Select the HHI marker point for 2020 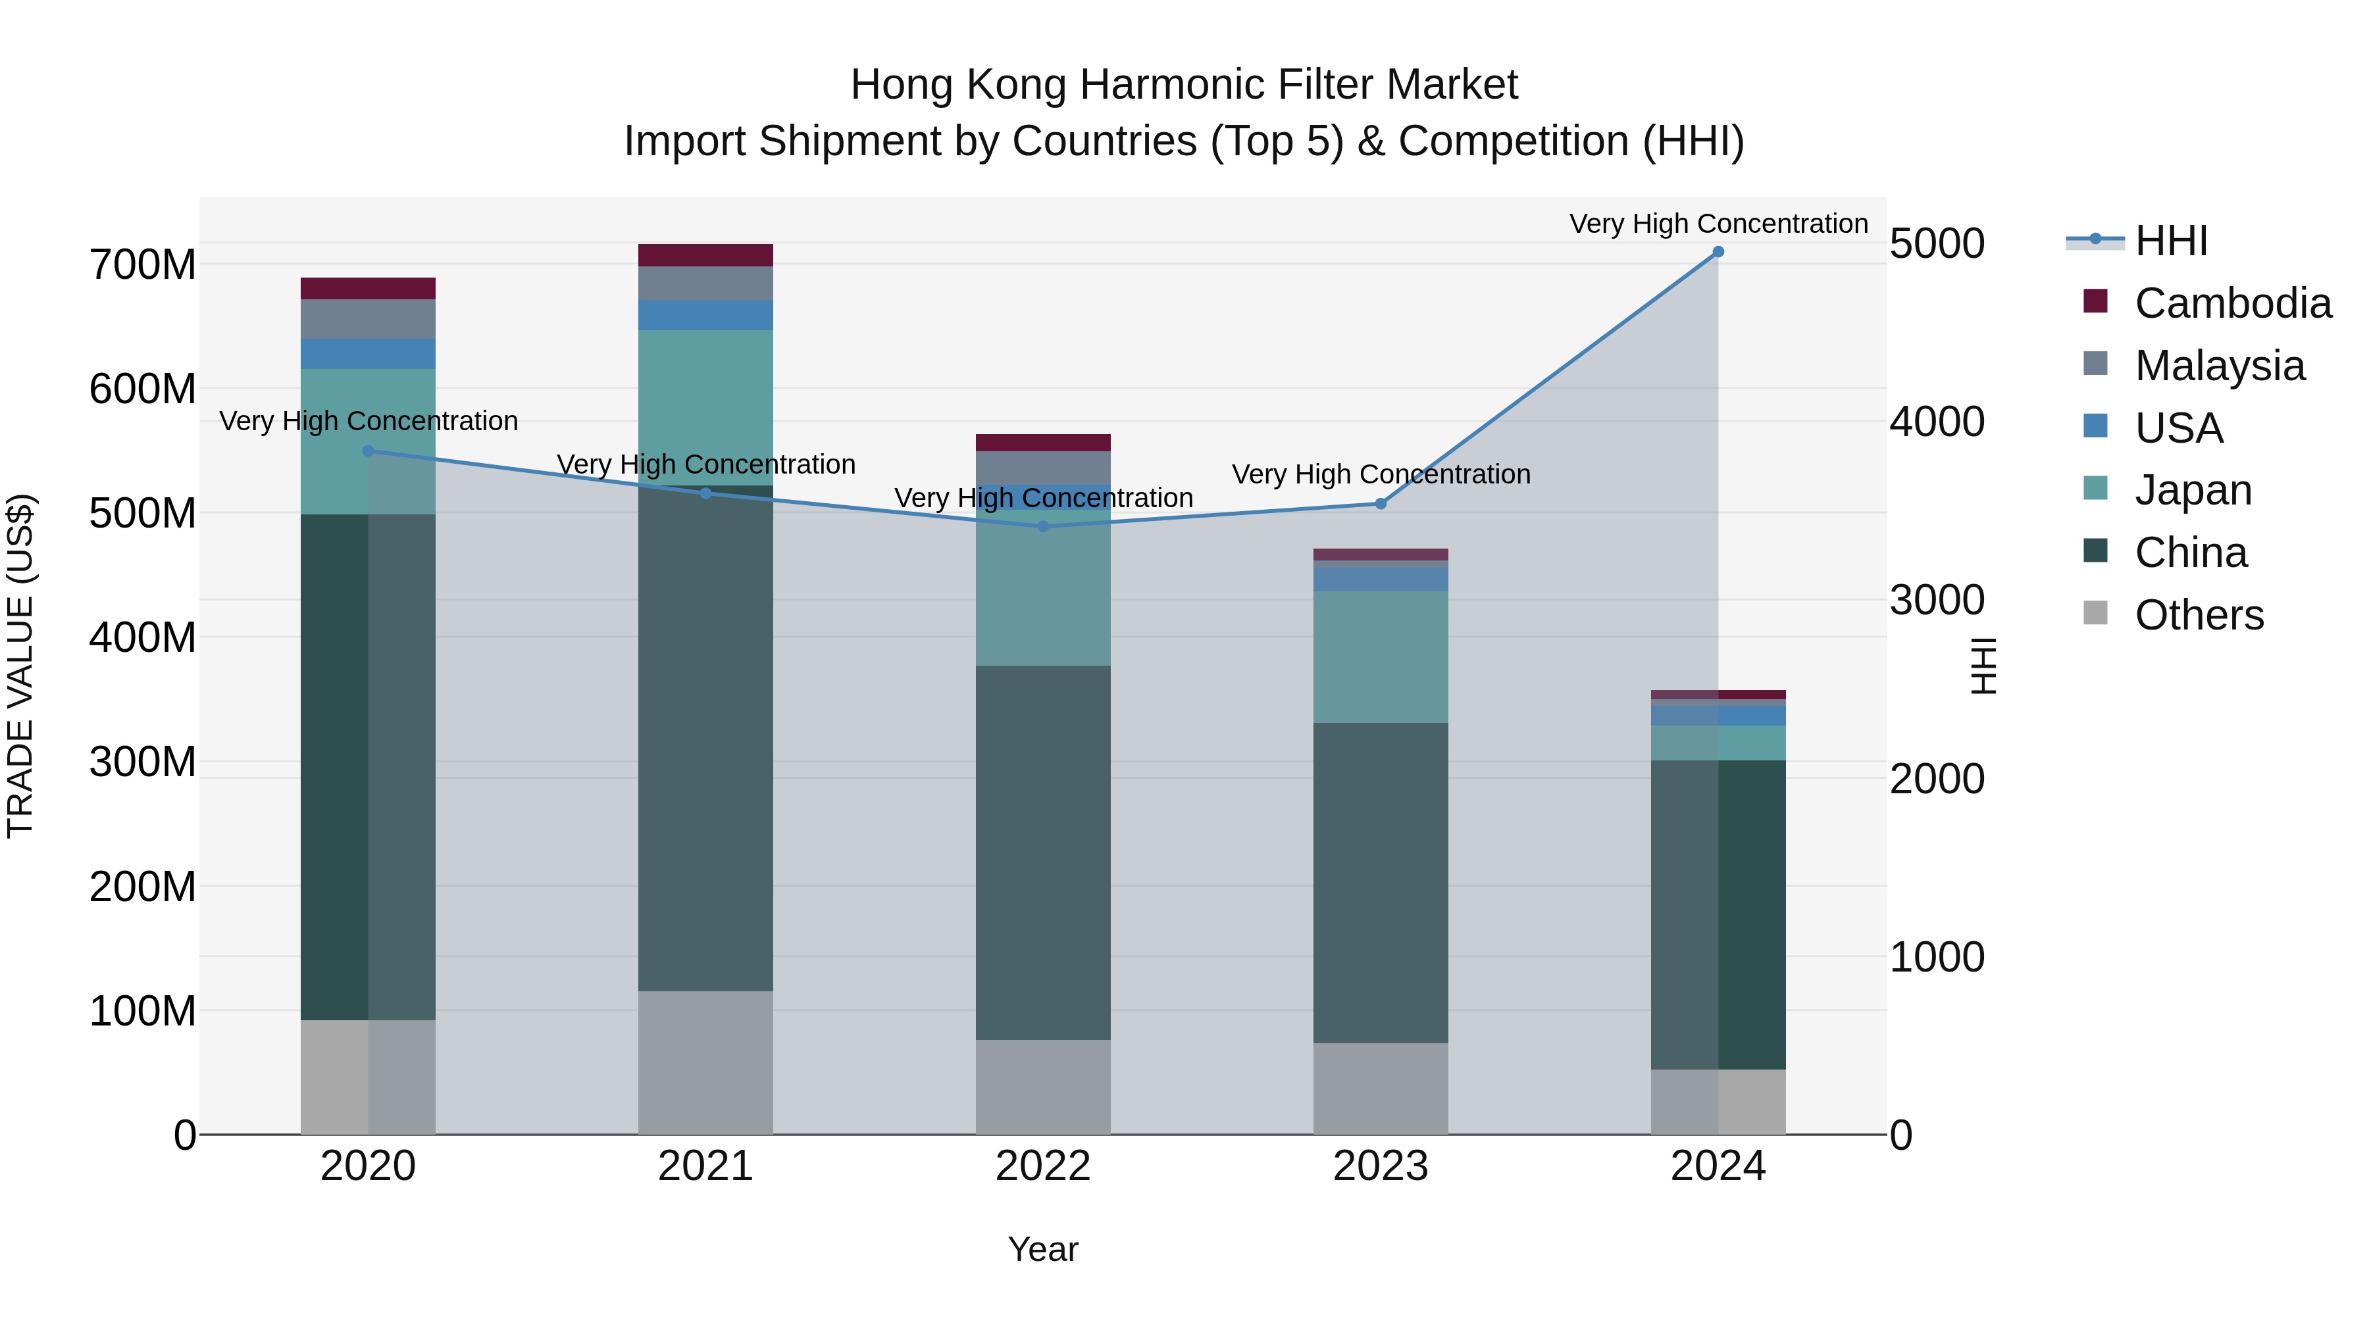coord(368,451)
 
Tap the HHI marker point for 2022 coord(1043,527)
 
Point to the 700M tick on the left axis coord(143,264)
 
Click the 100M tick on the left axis coord(143,1011)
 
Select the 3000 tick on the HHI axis coord(1937,601)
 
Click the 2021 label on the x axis coord(705,1166)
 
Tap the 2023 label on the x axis coord(1381,1166)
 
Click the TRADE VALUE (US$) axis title coord(21,666)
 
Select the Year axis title coord(1043,1249)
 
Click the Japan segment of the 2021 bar coord(705,407)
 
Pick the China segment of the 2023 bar coord(1381,883)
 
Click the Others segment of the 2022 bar coord(1043,1087)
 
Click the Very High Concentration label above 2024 coord(1718,224)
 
